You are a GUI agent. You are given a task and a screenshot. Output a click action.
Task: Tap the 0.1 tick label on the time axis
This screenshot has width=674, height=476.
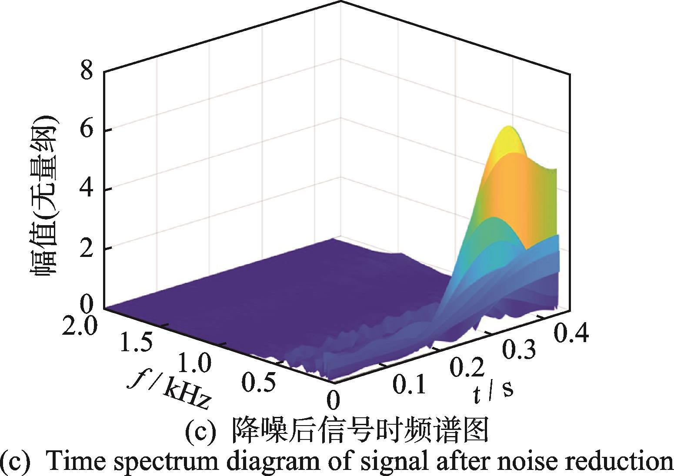408,384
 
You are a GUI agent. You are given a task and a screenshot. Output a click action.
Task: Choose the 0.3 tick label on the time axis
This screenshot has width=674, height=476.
520,349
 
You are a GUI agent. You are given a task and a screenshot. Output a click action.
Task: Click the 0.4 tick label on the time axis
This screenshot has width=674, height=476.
571,334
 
